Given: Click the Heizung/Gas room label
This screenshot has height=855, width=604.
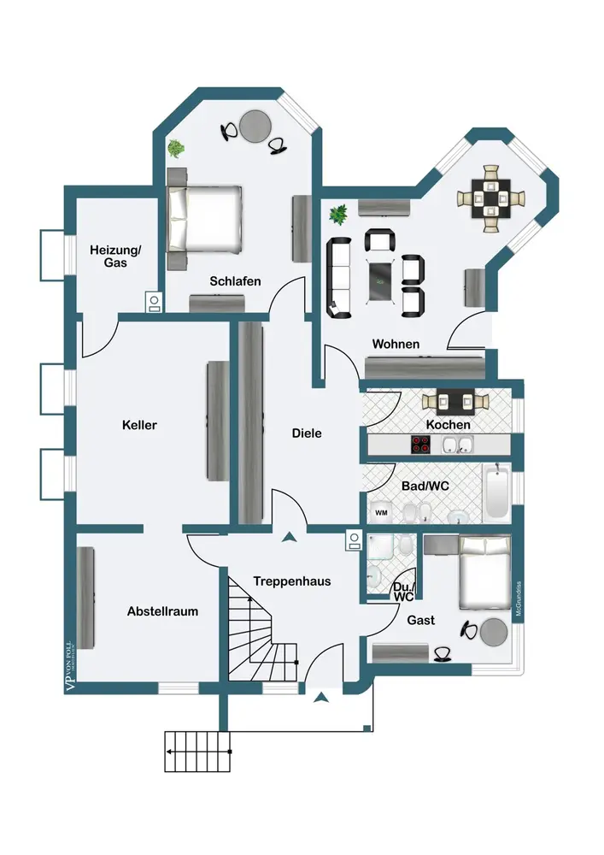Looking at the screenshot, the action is point(115,256).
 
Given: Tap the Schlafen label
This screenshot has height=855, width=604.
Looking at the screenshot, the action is point(235,281).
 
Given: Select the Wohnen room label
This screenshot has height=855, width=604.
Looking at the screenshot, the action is point(396,344).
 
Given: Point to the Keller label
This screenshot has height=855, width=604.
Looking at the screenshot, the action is point(139,425).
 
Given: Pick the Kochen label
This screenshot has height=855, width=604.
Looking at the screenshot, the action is point(448,425).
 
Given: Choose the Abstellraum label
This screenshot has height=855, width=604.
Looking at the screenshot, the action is point(162,611).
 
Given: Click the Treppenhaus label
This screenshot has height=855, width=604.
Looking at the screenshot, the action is point(291,581).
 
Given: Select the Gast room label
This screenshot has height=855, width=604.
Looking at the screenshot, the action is point(422,620).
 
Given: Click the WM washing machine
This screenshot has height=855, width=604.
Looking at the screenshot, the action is point(381,513).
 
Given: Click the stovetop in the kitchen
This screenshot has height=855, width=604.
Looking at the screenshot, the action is point(421,445).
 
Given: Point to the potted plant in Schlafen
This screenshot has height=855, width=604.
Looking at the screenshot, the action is point(176,149).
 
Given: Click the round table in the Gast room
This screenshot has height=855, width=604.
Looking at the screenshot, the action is point(493,632).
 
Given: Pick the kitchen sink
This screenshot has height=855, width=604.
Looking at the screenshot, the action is point(458,445).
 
